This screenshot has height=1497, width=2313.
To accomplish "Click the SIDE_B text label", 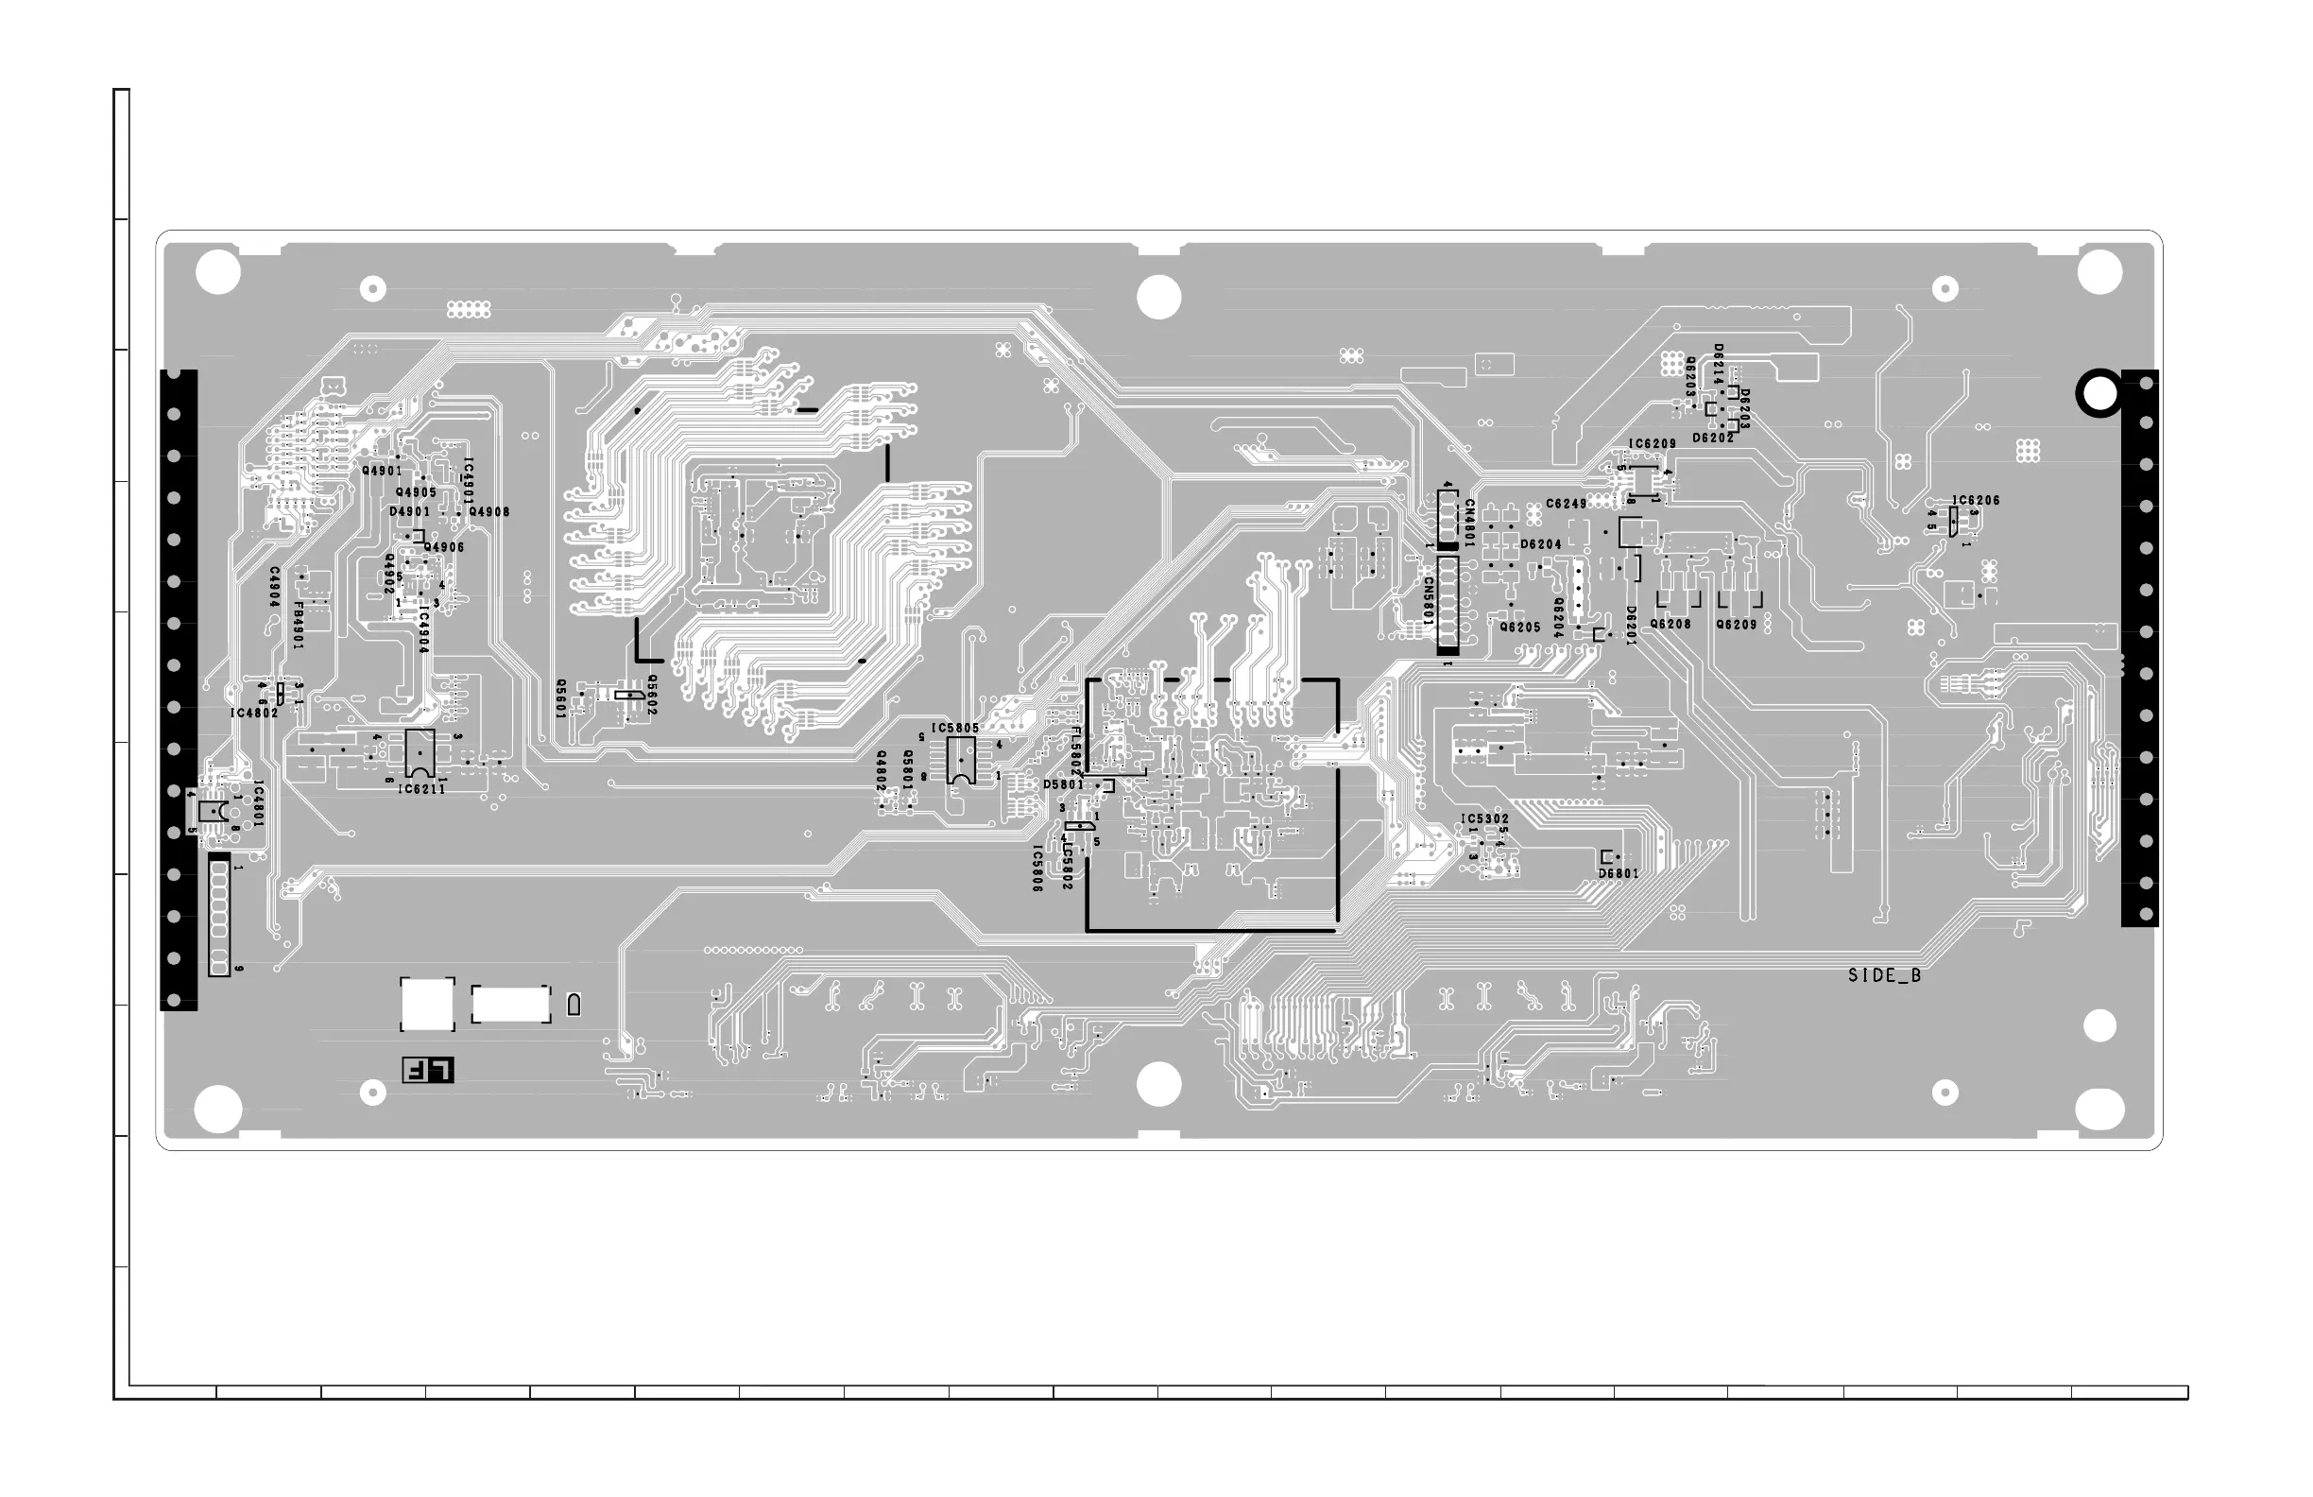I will click(1883, 976).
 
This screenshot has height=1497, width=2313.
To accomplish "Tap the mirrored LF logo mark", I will click(428, 1070).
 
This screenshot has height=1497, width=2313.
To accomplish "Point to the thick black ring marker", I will click(2099, 394).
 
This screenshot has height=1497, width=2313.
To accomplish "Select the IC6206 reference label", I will click(1976, 502).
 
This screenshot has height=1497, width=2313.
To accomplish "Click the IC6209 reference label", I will click(1653, 444).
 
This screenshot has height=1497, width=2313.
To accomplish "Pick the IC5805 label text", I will click(954, 728).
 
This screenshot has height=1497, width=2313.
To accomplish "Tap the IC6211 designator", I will click(420, 789).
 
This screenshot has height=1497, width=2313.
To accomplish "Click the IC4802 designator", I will click(253, 714).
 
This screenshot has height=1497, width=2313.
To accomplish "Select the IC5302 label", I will click(1484, 819).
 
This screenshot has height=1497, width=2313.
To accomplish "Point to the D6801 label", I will click(1619, 874).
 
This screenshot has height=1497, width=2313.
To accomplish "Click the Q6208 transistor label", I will click(1670, 625).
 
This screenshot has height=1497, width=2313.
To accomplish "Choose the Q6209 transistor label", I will click(1736, 625).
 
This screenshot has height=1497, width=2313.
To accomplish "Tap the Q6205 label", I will click(1520, 628).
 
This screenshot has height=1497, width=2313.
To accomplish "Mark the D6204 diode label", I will click(1540, 545).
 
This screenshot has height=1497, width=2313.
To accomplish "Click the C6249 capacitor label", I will click(1566, 505).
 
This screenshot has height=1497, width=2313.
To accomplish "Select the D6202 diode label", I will click(1712, 439).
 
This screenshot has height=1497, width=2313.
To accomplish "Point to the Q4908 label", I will click(488, 512).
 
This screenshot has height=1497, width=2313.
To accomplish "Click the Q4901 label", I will click(382, 472).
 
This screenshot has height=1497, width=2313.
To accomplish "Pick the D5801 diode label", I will click(1063, 784).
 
